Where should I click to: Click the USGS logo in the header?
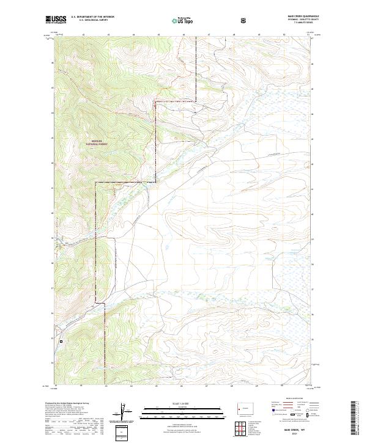[56, 20]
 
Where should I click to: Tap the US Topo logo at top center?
[176, 20]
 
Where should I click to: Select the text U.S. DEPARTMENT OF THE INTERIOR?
[92, 18]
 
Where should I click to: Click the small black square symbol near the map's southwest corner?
[61, 341]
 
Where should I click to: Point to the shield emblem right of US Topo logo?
[245, 20]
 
